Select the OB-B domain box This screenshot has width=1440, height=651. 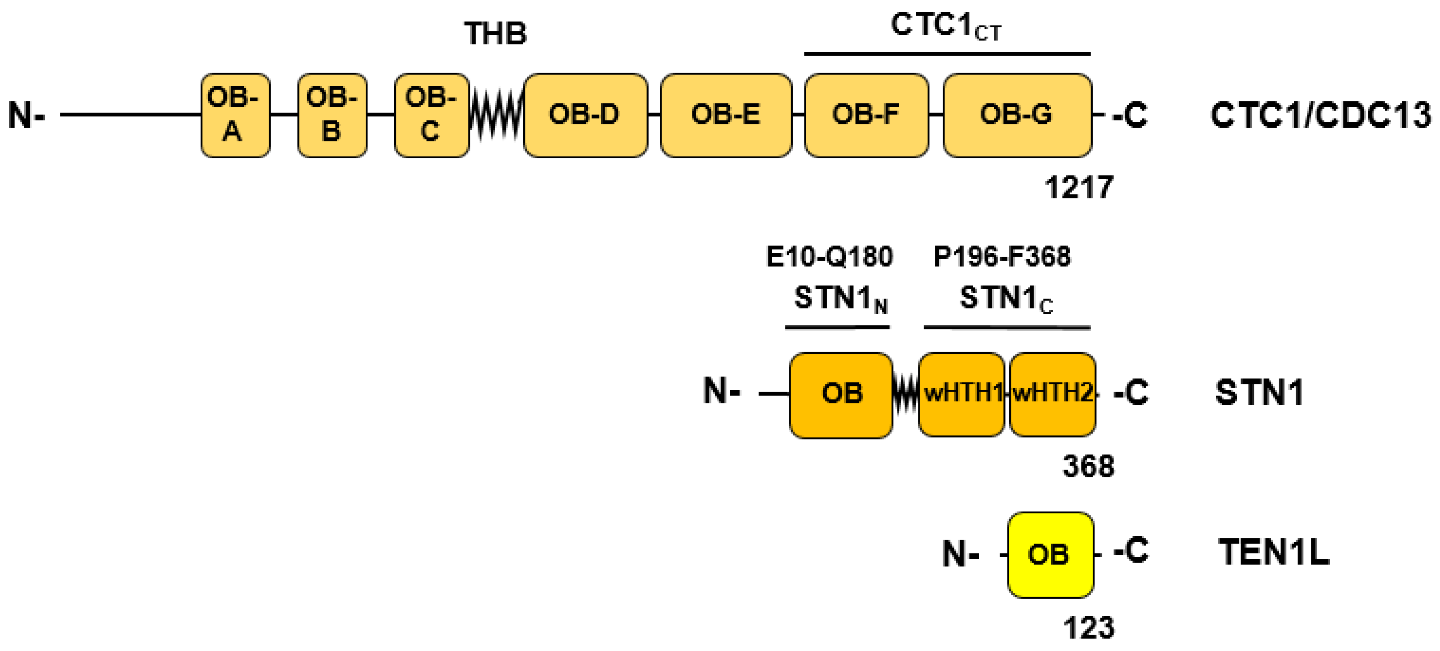(332, 115)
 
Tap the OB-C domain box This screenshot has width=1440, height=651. (431, 115)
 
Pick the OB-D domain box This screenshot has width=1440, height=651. (585, 115)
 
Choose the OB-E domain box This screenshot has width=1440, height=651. (726, 115)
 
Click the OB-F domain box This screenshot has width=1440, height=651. (866, 115)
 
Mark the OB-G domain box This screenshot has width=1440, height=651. (1017, 115)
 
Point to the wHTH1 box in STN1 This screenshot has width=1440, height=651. (961, 394)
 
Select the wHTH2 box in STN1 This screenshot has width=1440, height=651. (1052, 394)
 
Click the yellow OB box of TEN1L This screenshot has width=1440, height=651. (1050, 554)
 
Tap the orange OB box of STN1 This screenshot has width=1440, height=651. (840, 394)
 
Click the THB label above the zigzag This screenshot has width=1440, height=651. (495, 33)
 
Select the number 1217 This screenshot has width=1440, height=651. (1079, 187)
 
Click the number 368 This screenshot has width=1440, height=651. (1088, 466)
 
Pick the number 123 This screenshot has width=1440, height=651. (1088, 628)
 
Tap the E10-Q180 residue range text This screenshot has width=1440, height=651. (829, 257)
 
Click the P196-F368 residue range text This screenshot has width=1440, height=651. (1002, 257)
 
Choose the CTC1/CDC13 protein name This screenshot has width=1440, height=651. (1320, 116)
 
